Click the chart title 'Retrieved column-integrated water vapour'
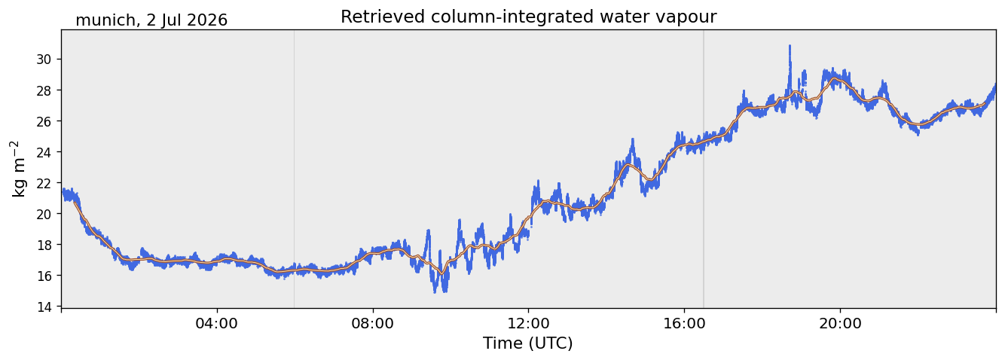pyautogui.click(x=529, y=17)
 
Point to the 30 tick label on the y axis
pyautogui.click(x=44, y=59)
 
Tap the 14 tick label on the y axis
pyautogui.click(x=44, y=307)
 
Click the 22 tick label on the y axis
pyautogui.click(x=44, y=183)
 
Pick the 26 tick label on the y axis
pyautogui.click(x=44, y=121)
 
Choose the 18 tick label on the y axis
pyautogui.click(x=44, y=245)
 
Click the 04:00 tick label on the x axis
pyautogui.click(x=217, y=323)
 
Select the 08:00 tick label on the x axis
pyautogui.click(x=372, y=323)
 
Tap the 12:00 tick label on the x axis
pyautogui.click(x=528, y=323)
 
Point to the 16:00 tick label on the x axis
pyautogui.click(x=684, y=323)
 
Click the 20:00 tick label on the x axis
pyautogui.click(x=840, y=323)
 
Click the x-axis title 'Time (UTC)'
pyautogui.click(x=527, y=343)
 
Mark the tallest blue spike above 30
pyautogui.click(x=790, y=47)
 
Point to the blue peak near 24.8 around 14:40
pyautogui.click(x=633, y=140)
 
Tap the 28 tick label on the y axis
pyautogui.click(x=44, y=90)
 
